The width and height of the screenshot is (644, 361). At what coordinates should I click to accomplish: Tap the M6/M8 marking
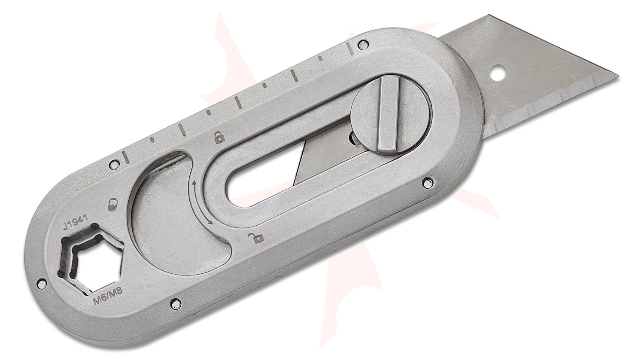(108, 296)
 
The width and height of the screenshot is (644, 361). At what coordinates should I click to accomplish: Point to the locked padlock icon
(219, 138)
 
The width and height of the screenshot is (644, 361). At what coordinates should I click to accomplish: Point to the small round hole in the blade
(498, 71)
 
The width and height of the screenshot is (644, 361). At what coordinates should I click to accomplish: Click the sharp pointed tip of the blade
(619, 77)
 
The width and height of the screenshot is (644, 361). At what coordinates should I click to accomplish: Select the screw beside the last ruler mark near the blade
(364, 43)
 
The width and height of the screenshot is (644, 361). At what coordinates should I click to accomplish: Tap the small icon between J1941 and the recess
(113, 204)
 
